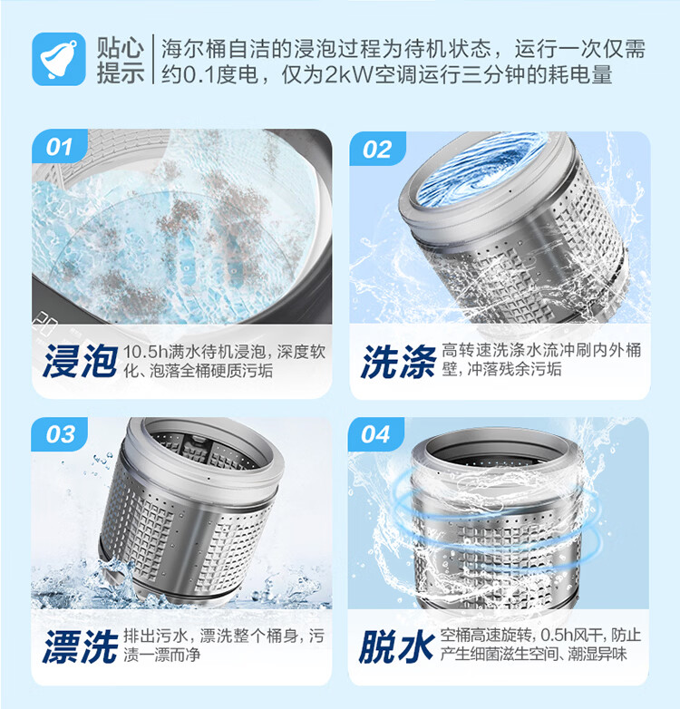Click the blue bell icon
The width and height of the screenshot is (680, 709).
tap(59, 59)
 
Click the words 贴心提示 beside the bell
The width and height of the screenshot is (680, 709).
tap(121, 59)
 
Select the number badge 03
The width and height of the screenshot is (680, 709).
tap(60, 434)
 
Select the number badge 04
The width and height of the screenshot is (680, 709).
tap(375, 434)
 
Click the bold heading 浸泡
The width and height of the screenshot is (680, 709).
tap(80, 361)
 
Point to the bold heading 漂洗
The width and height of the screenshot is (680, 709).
tap(80, 646)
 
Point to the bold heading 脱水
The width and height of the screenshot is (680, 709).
tap(396, 646)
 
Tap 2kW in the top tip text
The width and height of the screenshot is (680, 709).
tap(345, 73)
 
